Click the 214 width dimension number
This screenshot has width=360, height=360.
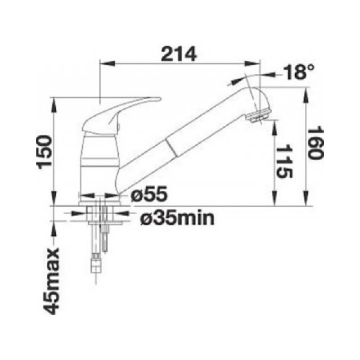tap(179, 54)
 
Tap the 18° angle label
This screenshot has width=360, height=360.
tap(298, 71)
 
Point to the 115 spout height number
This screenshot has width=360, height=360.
tap(284, 162)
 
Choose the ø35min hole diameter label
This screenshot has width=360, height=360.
tap(177, 218)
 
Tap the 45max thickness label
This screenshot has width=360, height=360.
tap(52, 281)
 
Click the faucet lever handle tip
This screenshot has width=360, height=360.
tap(160, 99)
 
